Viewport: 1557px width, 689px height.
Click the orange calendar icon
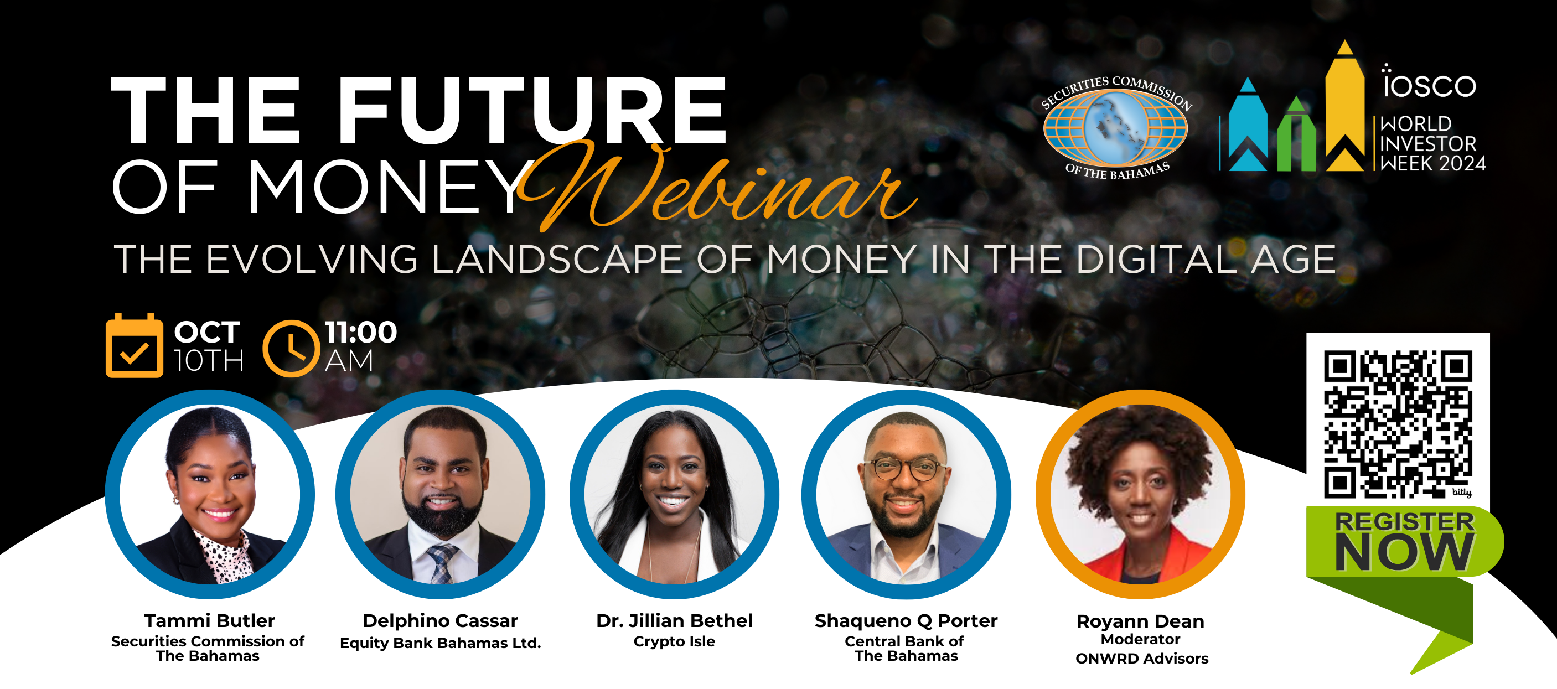pyautogui.click(x=134, y=346)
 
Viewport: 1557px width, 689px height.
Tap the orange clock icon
pyautogui.click(x=291, y=349)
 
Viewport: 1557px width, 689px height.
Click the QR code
pyautogui.click(x=1398, y=424)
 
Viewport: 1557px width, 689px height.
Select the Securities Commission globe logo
pyautogui.click(x=1116, y=127)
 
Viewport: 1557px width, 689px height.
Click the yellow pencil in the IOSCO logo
pyautogui.click(x=1345, y=106)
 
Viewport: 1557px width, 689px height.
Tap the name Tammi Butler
pyautogui.click(x=210, y=621)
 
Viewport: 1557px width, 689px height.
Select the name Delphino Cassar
pyautogui.click(x=440, y=621)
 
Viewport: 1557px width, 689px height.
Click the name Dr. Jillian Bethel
pyautogui.click(x=674, y=621)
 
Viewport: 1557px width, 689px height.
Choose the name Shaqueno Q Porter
pyautogui.click(x=906, y=621)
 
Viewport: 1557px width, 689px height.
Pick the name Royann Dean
pyautogui.click(x=1140, y=622)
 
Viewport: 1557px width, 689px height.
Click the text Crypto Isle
pyautogui.click(x=674, y=641)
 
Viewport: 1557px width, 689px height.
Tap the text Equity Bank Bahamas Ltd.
pyautogui.click(x=440, y=643)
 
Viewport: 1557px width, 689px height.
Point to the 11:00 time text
pyautogui.click(x=361, y=332)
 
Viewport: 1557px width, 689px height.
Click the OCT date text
pyautogui.click(x=208, y=332)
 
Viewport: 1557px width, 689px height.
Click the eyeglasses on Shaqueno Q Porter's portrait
pyautogui.click(x=904, y=468)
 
